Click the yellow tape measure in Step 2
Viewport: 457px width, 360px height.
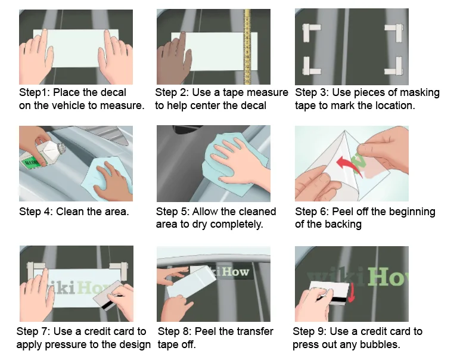coord(247,46)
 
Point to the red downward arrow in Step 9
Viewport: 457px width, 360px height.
coord(352,293)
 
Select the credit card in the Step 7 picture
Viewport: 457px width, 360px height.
coord(108,295)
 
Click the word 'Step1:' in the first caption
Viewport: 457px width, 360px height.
coord(35,92)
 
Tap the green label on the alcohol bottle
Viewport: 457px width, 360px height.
coord(32,162)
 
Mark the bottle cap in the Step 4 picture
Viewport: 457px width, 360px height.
coord(61,147)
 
